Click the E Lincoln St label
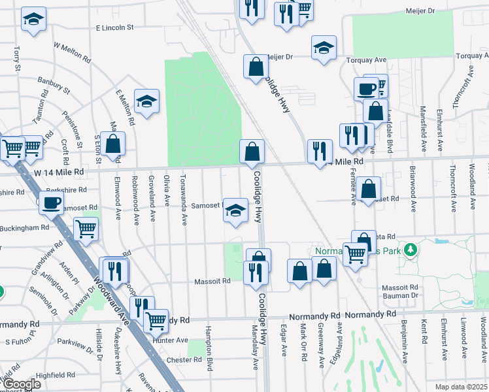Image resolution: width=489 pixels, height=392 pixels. pyautogui.click(x=114, y=28)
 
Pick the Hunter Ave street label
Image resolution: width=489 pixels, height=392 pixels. pyautogui.click(x=172, y=340)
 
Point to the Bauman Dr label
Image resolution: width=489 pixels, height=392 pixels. pyautogui.click(x=400, y=296)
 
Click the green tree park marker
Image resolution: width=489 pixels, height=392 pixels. pyautogui.click(x=411, y=249)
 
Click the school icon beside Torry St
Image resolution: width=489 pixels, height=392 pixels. pyautogui.click(x=33, y=20)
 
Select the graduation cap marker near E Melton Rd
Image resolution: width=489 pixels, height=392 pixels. pyautogui.click(x=146, y=101)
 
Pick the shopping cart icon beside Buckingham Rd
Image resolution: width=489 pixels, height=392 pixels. pyautogui.click(x=86, y=229)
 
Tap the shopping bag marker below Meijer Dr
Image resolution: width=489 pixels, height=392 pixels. pyautogui.click(x=255, y=66)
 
